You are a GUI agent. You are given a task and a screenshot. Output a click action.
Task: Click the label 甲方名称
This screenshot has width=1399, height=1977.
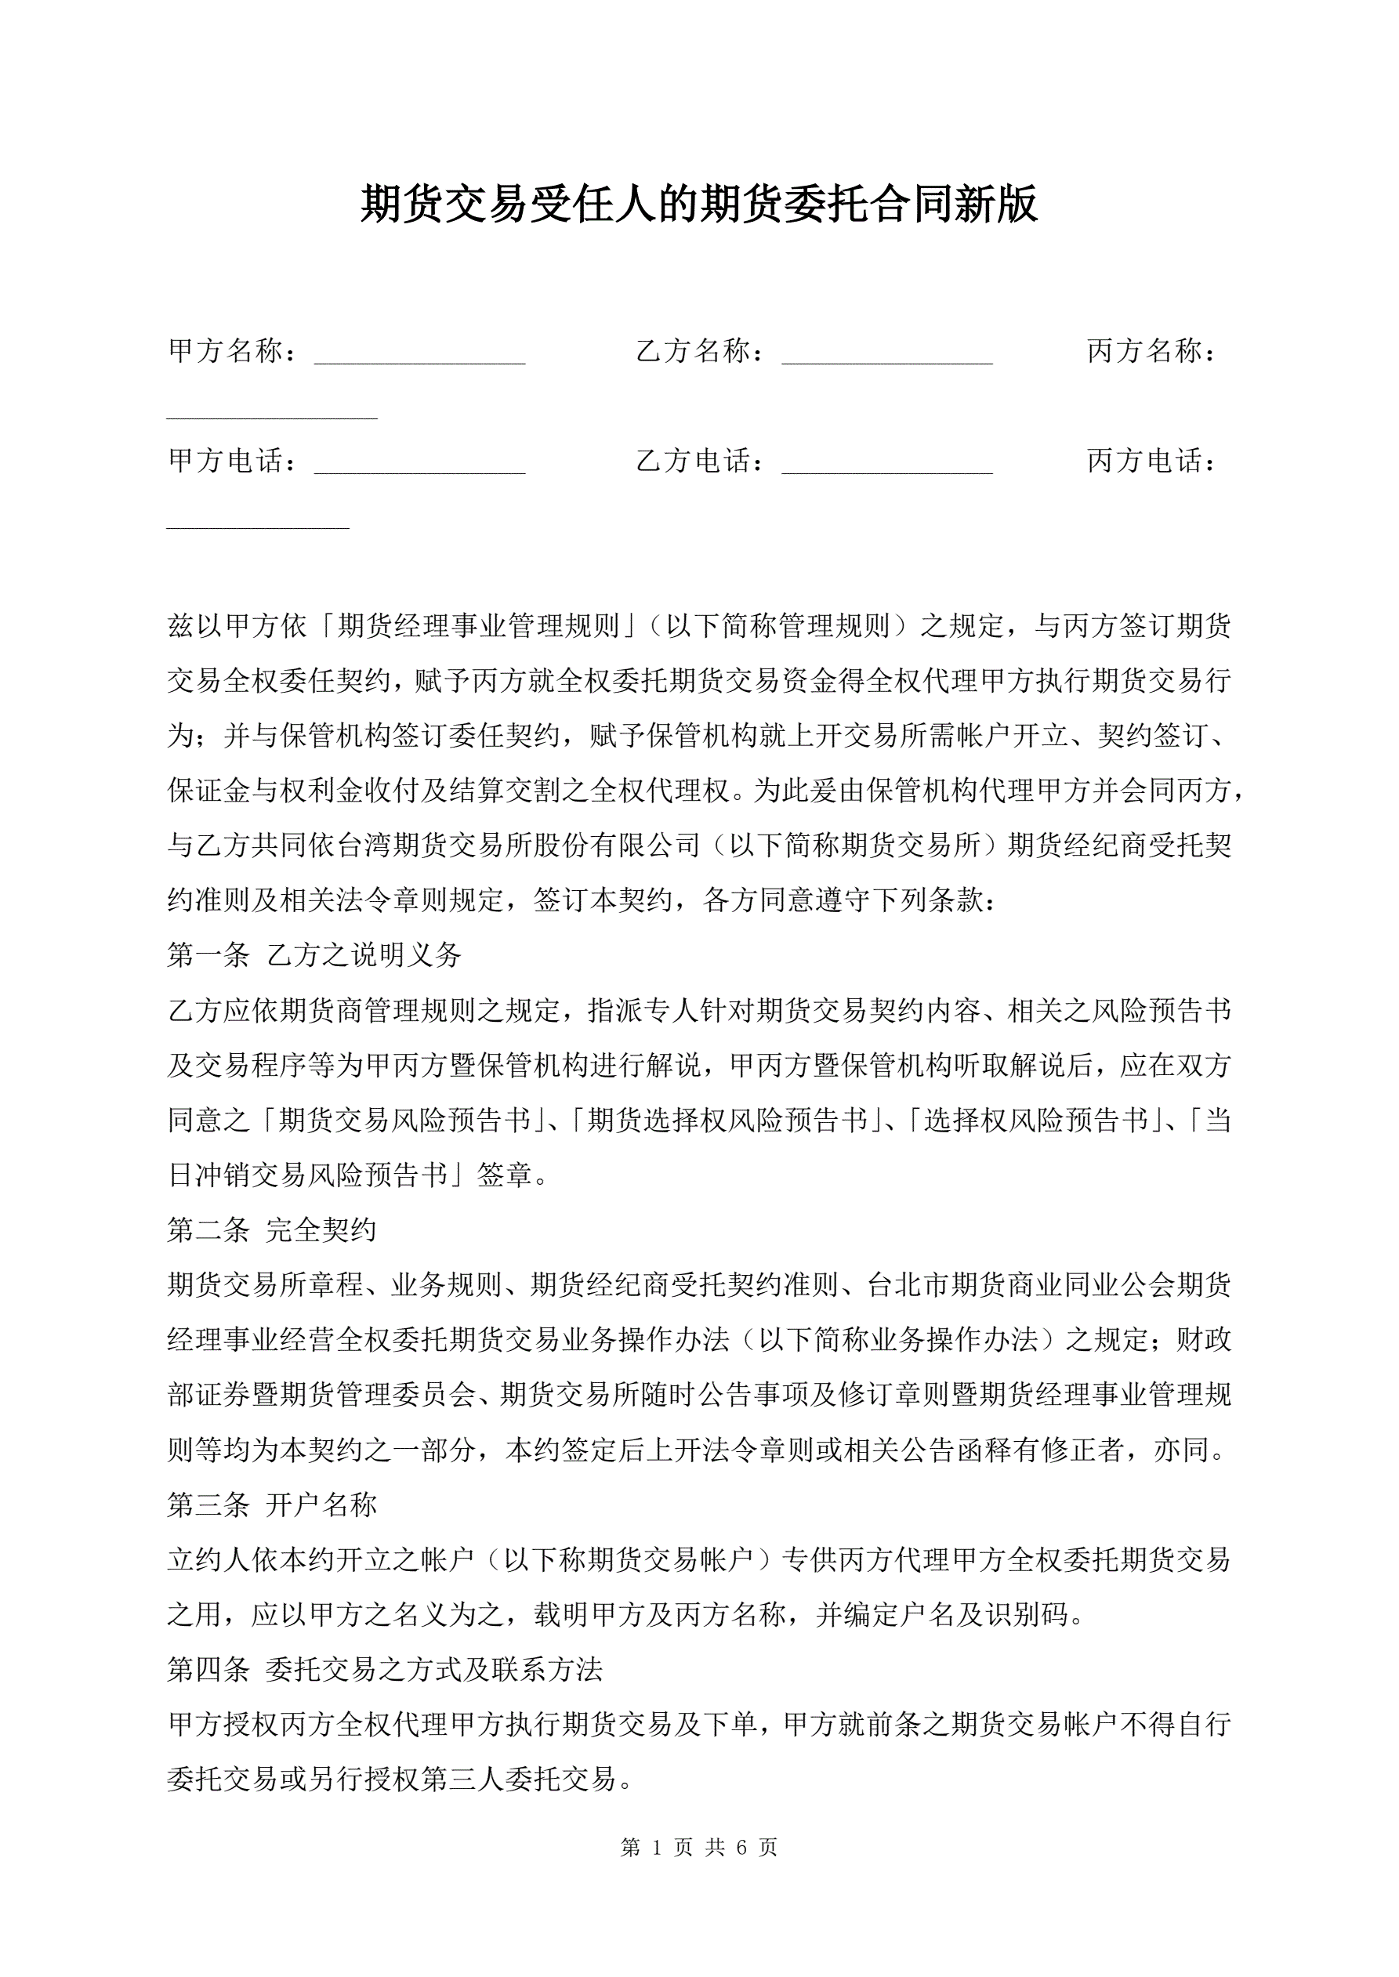226,351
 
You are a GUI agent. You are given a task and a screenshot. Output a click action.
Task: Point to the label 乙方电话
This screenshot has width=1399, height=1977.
693,462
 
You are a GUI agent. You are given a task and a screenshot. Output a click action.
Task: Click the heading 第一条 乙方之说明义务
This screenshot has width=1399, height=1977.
314,955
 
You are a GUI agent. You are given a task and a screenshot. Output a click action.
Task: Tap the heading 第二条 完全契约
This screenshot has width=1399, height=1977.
272,1230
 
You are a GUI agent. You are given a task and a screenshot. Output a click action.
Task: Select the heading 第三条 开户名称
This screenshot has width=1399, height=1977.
272,1505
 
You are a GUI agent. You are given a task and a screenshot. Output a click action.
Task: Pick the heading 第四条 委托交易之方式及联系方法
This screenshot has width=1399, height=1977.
384,1670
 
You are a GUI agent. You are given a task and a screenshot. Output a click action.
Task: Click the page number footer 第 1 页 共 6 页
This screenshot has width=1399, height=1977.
698,1847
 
